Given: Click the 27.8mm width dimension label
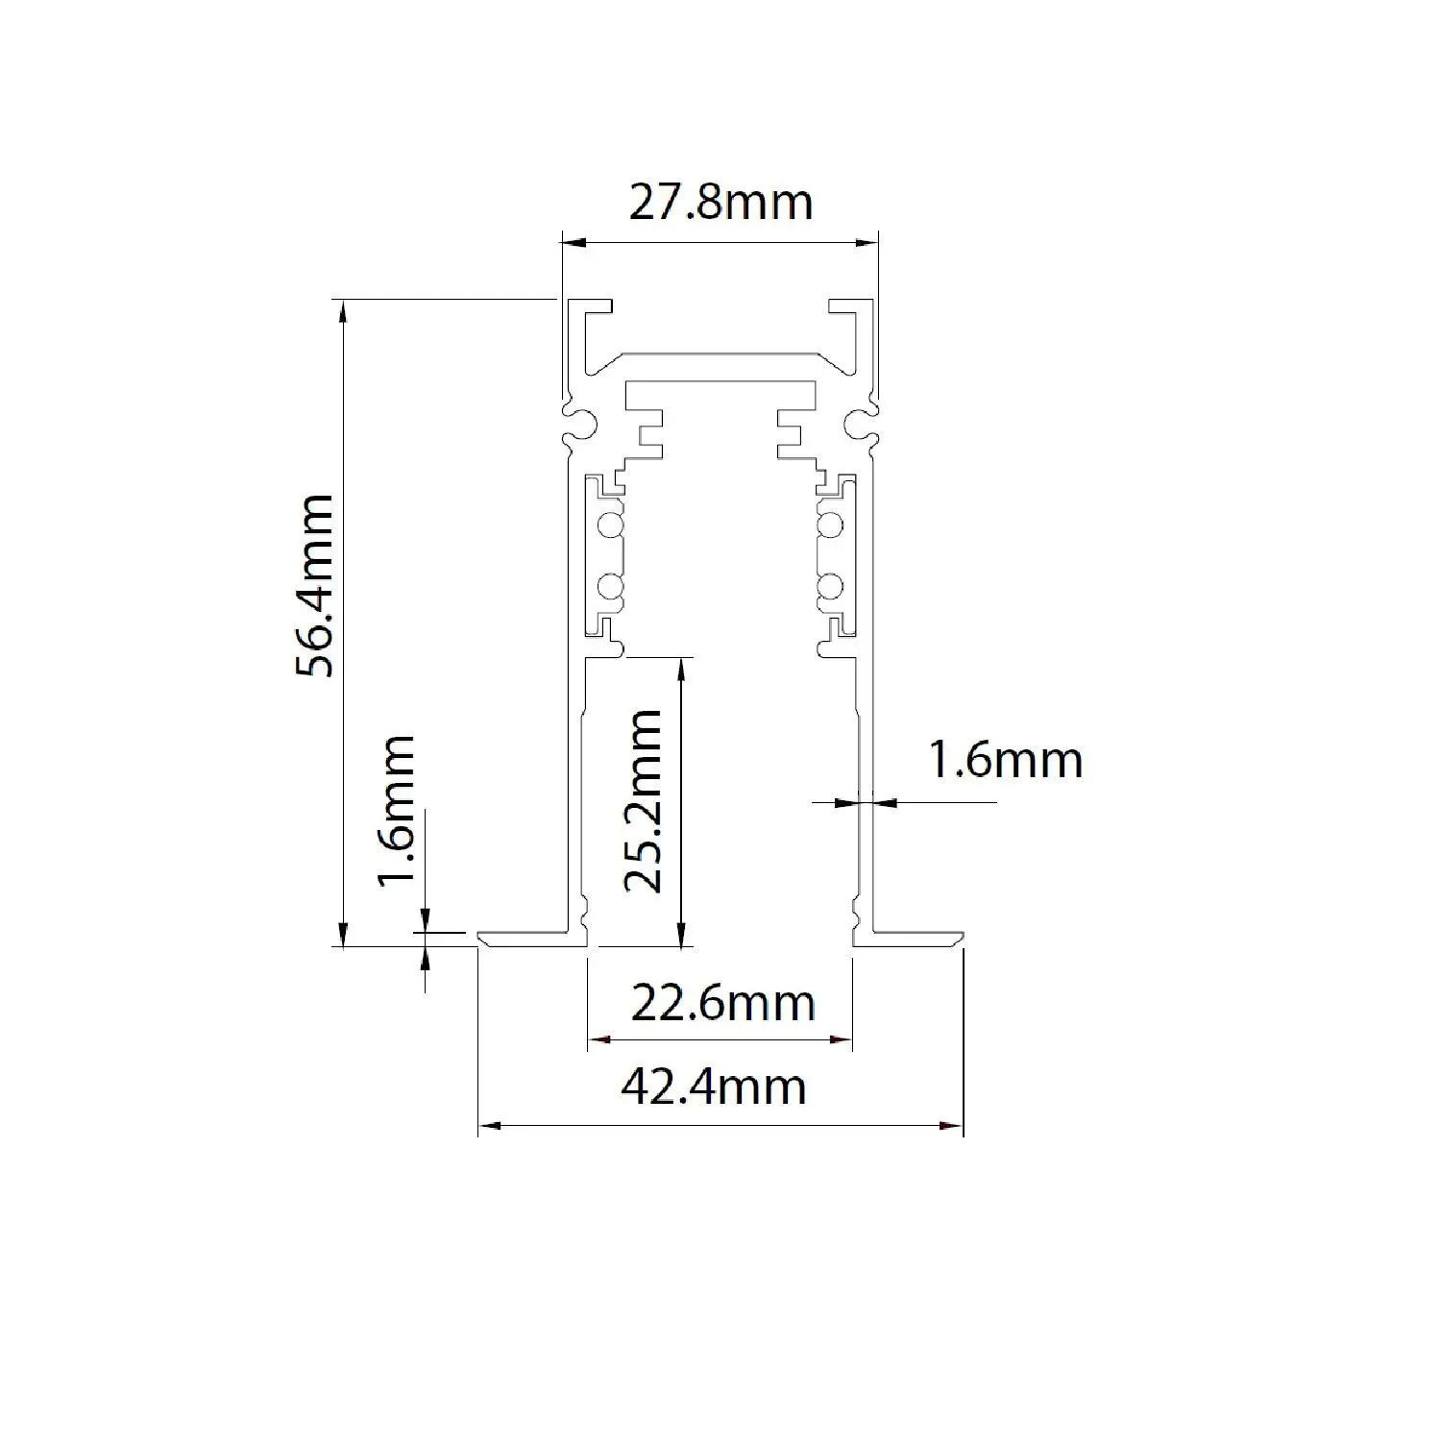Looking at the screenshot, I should pos(720,203).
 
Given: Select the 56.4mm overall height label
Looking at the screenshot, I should pos(316,586).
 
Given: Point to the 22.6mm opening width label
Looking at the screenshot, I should pos(722,1004).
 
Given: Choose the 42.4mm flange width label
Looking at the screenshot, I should pos(714,1087).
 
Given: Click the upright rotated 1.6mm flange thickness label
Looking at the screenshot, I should pos(397,812).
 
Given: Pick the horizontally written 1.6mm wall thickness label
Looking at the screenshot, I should pos(1005,760).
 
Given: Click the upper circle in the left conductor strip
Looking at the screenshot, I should pos(608,525).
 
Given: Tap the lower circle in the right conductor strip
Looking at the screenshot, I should pos(831,586).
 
